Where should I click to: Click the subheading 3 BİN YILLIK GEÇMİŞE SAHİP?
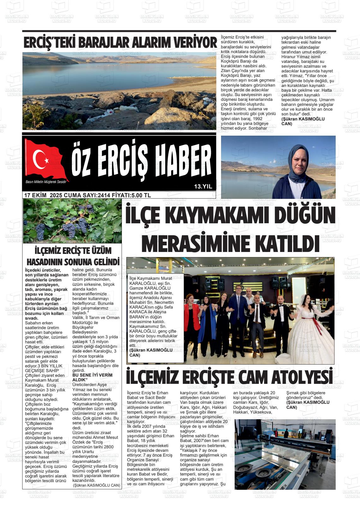(44, 368)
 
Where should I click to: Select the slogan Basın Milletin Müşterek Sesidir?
(43, 182)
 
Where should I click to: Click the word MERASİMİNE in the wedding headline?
(196, 244)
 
